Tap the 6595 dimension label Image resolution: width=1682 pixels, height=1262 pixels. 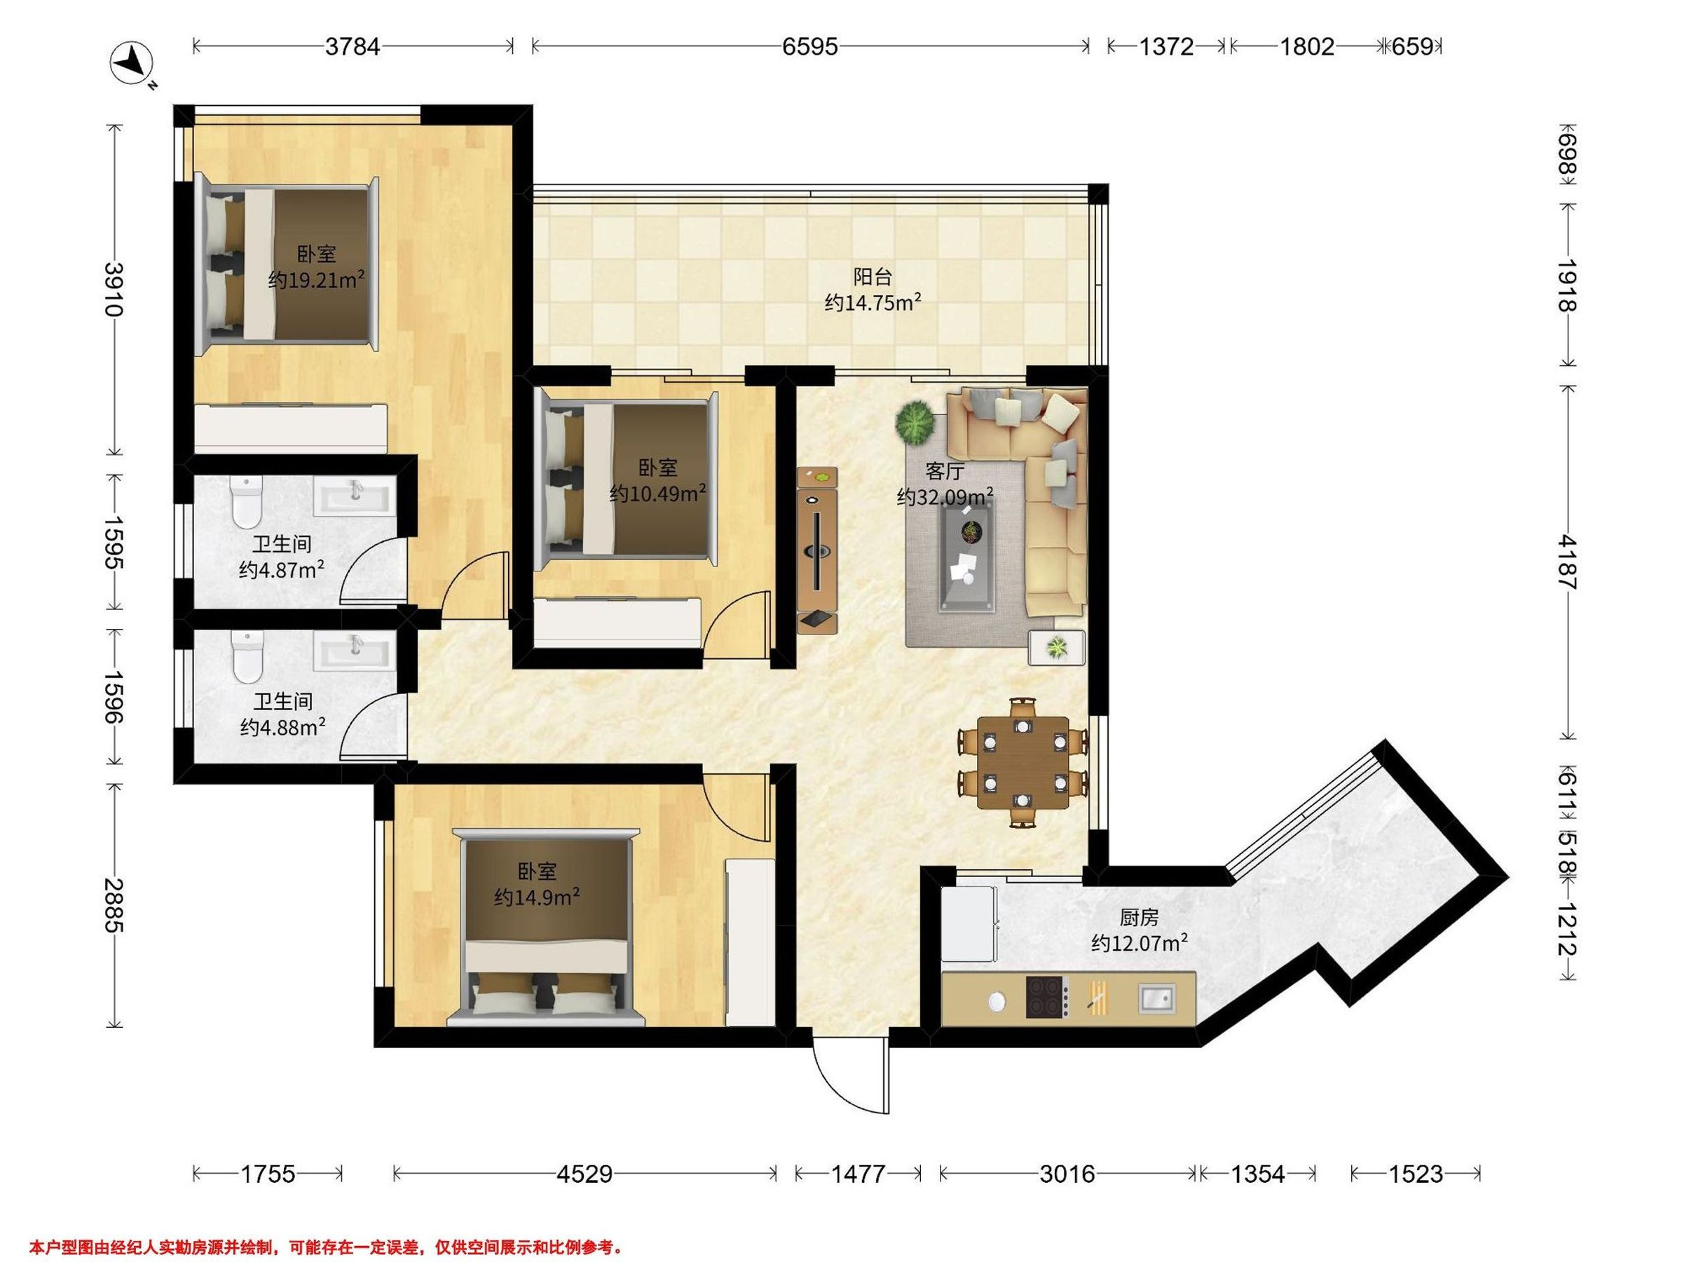point(810,47)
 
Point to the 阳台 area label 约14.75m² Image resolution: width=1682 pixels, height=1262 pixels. point(873,303)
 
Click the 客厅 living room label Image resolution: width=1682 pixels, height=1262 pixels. point(945,472)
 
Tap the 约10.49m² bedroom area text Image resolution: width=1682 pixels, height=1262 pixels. point(659,494)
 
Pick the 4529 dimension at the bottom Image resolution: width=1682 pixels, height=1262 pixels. point(584,1174)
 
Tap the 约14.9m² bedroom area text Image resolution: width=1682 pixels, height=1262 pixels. point(538,897)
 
